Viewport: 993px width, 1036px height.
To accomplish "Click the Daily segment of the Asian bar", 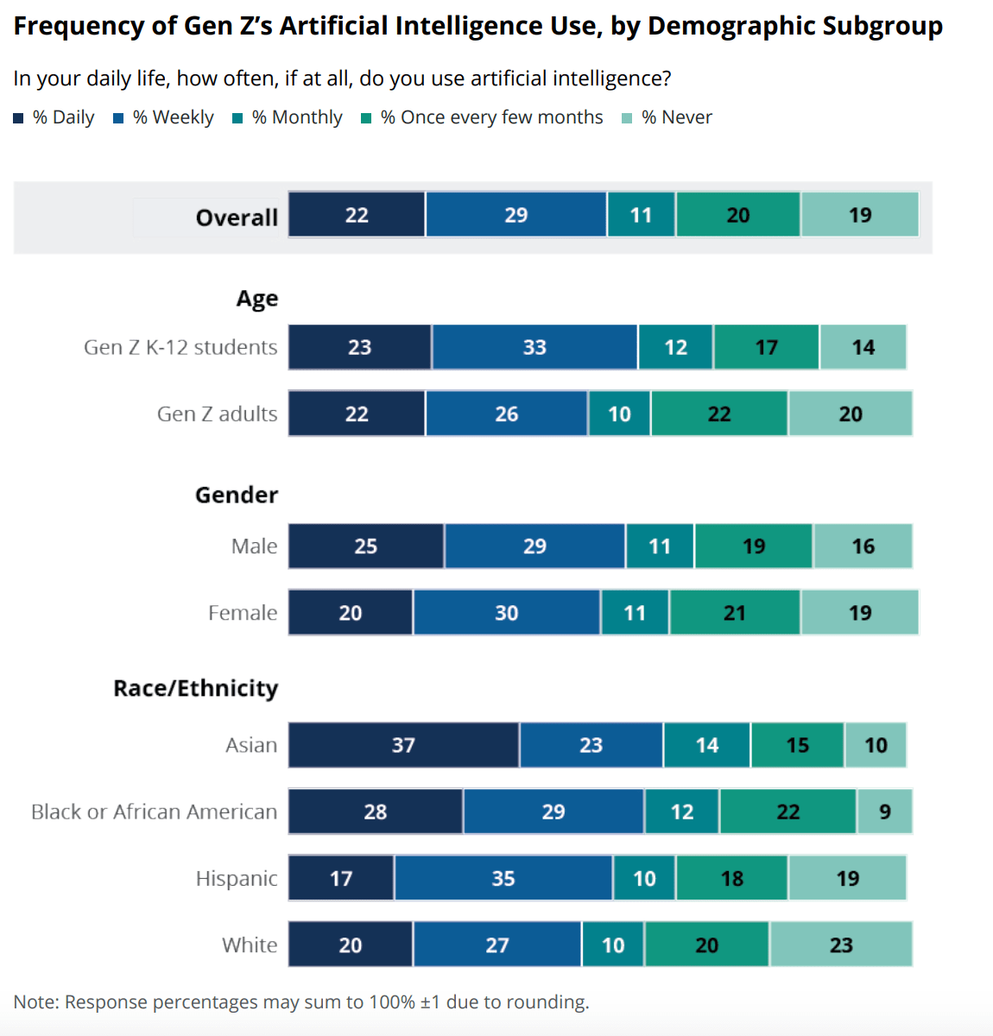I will tap(403, 745).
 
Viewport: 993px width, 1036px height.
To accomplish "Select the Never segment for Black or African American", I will tap(884, 812).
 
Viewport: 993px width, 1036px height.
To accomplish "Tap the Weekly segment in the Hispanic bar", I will tap(503, 878).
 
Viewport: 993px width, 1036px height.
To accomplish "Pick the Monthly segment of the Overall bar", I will tap(641, 215).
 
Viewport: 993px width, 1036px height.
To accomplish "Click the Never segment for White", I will tap(841, 944).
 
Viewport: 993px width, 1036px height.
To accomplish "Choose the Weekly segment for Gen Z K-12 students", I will tap(534, 347).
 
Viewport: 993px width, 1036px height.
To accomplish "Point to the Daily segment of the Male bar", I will tap(366, 546).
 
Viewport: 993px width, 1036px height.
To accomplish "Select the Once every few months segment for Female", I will tap(735, 612).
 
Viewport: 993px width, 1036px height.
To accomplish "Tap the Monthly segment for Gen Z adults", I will tap(619, 414).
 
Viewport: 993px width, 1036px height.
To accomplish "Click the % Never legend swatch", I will tap(627, 118).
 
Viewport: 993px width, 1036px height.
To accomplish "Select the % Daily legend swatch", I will tap(18, 118).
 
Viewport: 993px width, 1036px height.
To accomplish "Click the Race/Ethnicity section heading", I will tap(196, 688).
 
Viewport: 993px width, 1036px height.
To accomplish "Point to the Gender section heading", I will tap(237, 495).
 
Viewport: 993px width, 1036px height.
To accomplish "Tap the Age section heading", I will tap(257, 299).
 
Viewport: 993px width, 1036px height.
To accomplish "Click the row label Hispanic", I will tap(237, 878).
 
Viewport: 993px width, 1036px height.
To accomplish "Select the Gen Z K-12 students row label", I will tap(180, 347).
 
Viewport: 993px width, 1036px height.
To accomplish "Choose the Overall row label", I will tap(237, 217).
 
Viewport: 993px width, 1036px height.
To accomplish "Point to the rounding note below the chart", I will tap(301, 1001).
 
